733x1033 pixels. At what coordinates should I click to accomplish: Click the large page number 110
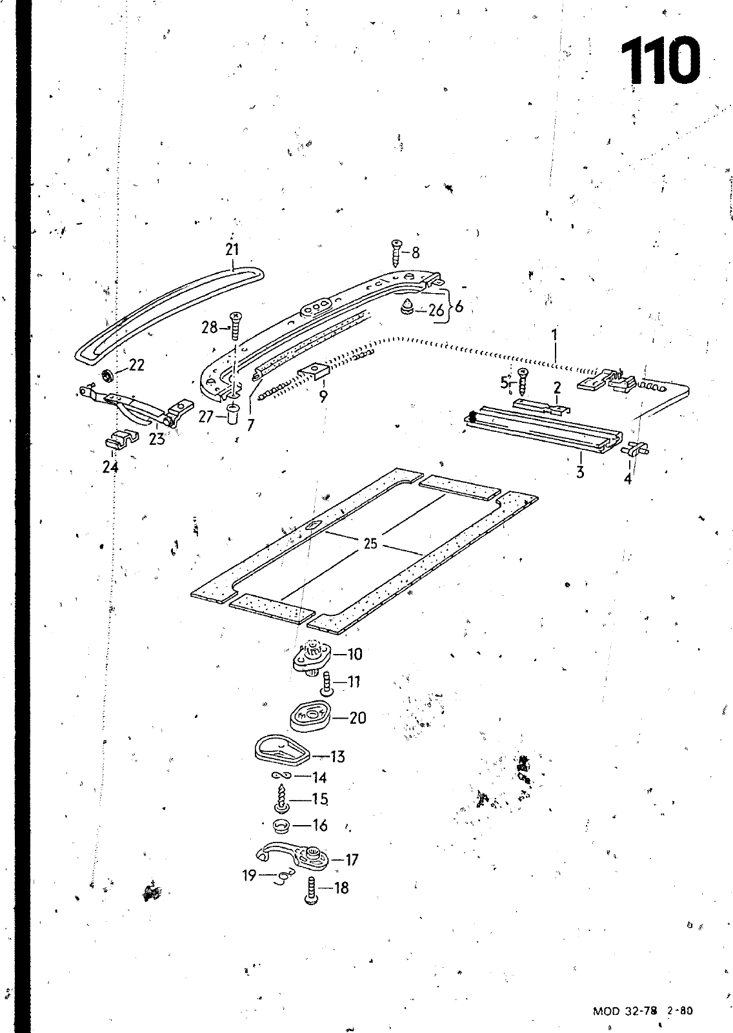(659, 62)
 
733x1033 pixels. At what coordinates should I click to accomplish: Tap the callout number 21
(232, 249)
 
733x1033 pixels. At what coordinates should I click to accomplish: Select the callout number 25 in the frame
(370, 544)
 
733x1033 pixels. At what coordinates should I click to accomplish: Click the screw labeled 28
(236, 327)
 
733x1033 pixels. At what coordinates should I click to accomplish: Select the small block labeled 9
(313, 371)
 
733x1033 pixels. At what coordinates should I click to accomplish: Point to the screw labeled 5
(524, 382)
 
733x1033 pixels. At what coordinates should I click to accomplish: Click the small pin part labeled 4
(636, 448)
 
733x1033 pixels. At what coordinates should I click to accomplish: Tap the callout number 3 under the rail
(581, 472)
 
